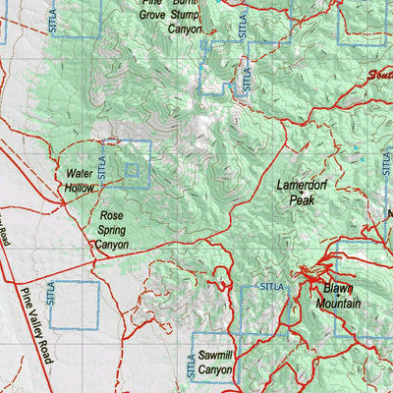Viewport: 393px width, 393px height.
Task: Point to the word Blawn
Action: pyautogui.click(x=338, y=289)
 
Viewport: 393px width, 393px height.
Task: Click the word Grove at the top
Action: pyautogui.click(x=151, y=16)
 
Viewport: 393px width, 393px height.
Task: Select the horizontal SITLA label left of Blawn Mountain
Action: pyautogui.click(x=272, y=286)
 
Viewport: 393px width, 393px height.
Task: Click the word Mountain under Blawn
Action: pyautogui.click(x=338, y=304)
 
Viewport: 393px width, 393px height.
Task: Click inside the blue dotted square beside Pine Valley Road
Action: pyautogui.click(x=75, y=305)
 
